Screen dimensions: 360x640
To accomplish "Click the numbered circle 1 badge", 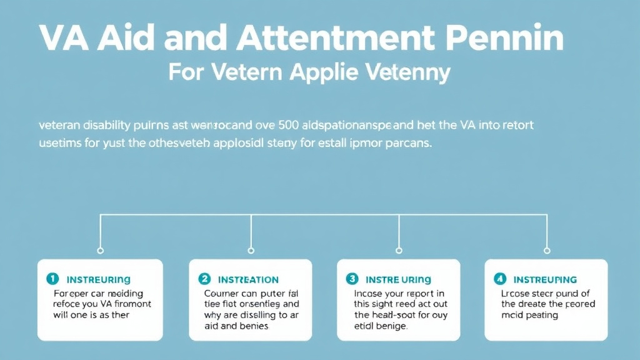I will click(x=53, y=279).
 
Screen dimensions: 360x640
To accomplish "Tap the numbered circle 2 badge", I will click(x=204, y=279).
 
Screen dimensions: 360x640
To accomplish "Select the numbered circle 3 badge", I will click(x=352, y=279).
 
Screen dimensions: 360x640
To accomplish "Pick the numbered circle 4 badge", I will click(x=500, y=279).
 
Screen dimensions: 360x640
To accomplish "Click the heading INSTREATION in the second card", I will click(x=248, y=279).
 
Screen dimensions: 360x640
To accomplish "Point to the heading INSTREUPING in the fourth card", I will click(x=545, y=279).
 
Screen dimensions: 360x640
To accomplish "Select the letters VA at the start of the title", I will click(x=62, y=40).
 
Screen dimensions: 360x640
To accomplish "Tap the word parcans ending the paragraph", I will click(x=409, y=143).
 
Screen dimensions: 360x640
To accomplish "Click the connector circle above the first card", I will click(x=101, y=250).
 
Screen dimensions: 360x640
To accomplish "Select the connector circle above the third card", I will click(x=399, y=250).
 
